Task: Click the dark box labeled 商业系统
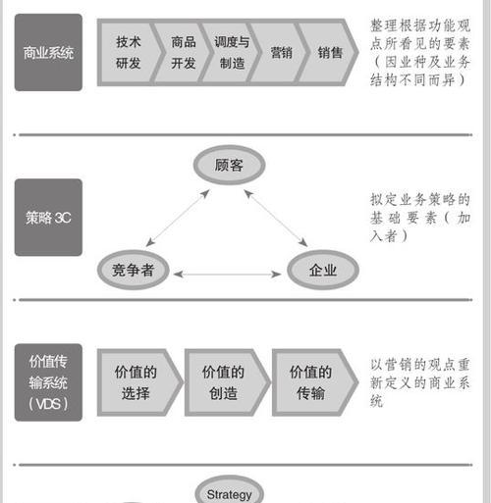[x=48, y=52]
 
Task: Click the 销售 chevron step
[x=328, y=52]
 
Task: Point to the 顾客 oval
[x=229, y=165]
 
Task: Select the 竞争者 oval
[x=133, y=270]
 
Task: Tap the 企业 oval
[x=323, y=270]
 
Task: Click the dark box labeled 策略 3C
[x=48, y=218]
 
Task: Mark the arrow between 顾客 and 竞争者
[x=178, y=218]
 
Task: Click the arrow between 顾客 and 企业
[x=276, y=219]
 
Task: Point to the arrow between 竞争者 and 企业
[x=228, y=274]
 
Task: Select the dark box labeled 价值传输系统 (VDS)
[x=48, y=382]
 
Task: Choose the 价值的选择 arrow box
[x=139, y=382]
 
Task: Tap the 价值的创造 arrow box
[x=227, y=382]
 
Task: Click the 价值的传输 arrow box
[x=315, y=382]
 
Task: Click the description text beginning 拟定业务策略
[x=420, y=218]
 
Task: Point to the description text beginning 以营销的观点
[x=420, y=382]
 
